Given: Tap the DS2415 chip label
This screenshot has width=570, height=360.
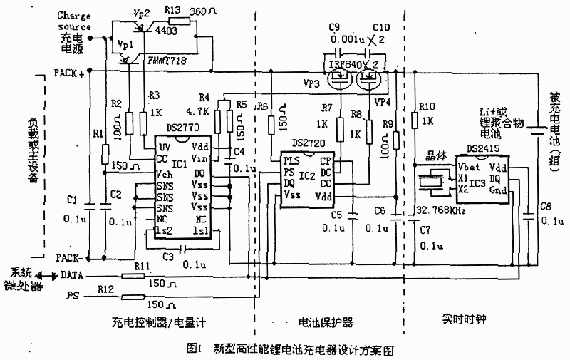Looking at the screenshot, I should [x=483, y=150].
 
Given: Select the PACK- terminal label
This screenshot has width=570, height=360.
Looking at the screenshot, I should [x=70, y=257].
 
